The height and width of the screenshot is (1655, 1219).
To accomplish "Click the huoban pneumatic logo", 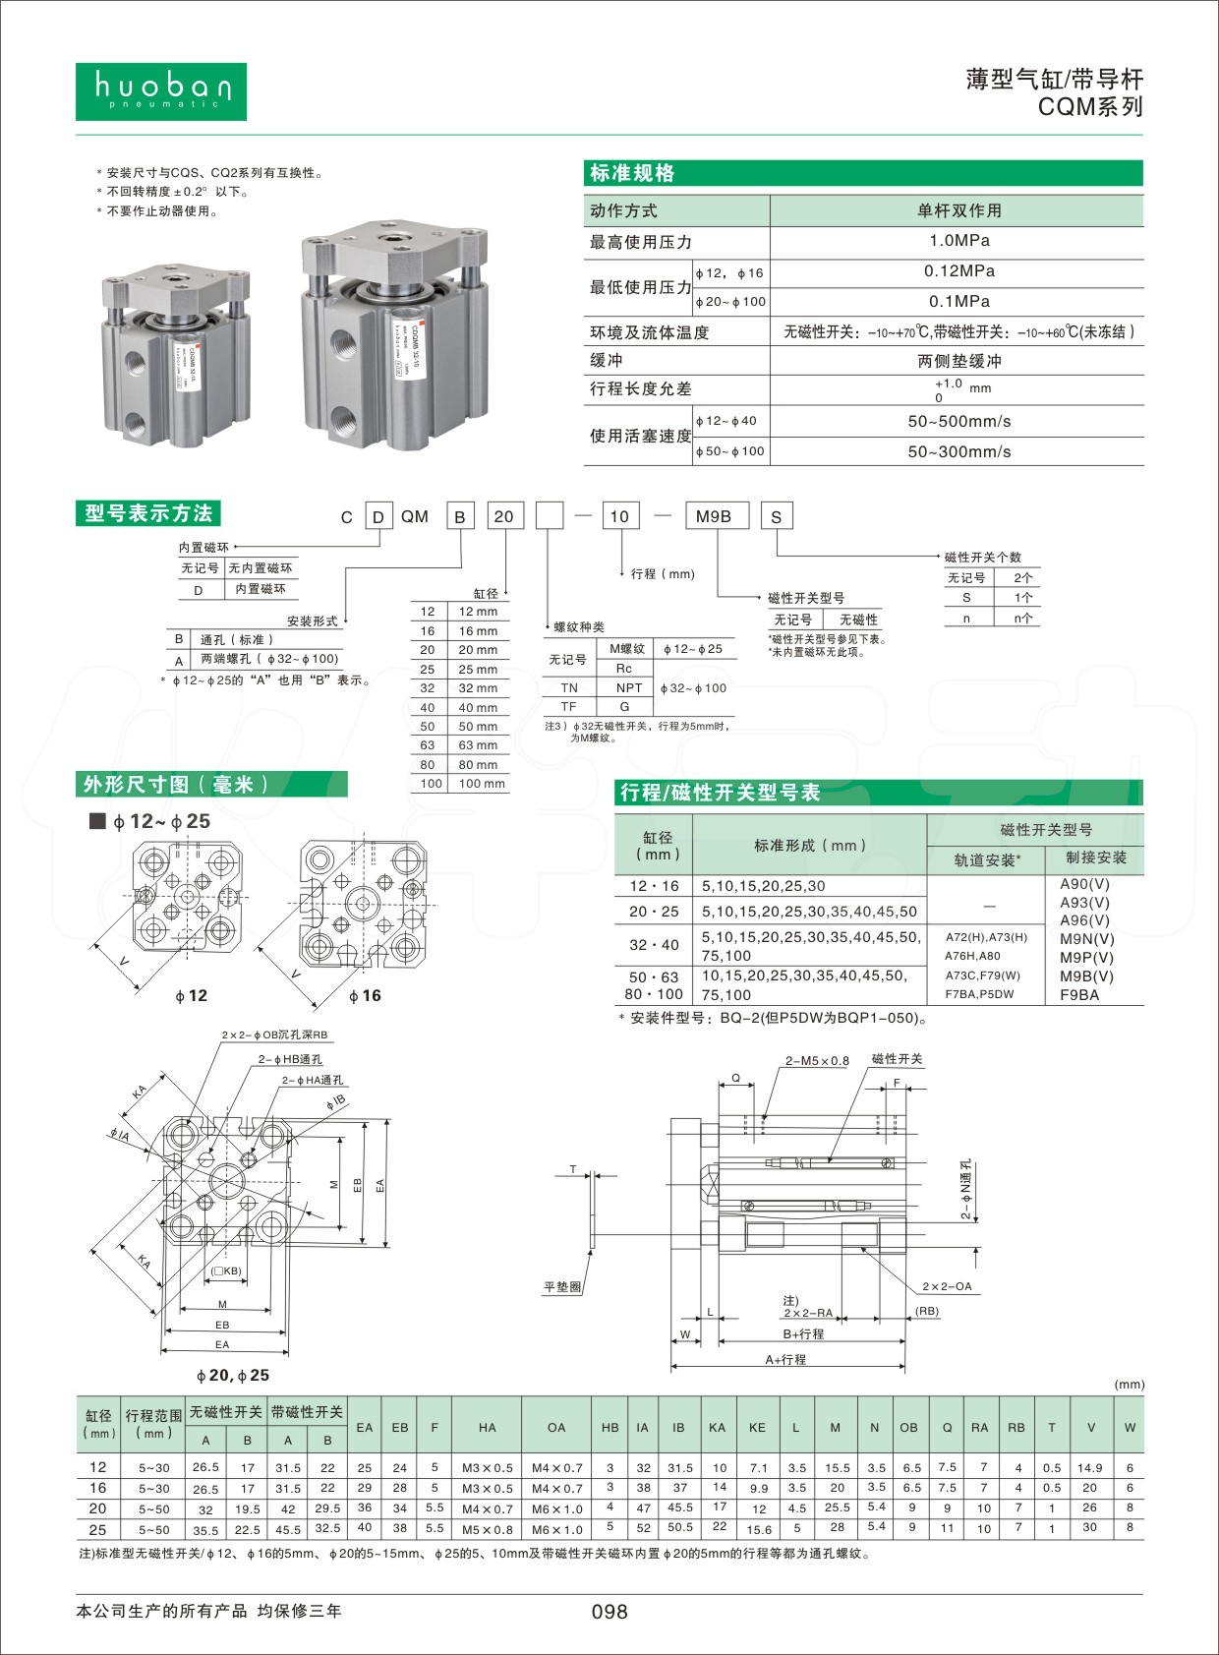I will pos(161,91).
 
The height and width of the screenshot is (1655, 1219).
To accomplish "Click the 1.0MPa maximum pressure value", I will pos(958,241).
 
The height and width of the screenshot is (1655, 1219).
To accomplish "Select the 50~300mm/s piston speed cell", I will pos(958,451).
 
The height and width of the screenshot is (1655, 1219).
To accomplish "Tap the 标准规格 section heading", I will pos(632,173).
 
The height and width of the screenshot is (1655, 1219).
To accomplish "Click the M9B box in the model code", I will pos(715,516).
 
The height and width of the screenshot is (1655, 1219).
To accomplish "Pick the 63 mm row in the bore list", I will pos(459,745).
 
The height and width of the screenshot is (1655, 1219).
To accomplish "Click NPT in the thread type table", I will pos(628,688).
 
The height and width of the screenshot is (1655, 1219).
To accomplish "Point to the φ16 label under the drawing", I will pos(365,996).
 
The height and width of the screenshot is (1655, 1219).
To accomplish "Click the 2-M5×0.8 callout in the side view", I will pos(816,1061).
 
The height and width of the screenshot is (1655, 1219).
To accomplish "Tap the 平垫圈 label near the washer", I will pos(562,1286).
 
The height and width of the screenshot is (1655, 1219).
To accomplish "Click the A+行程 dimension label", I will pos(785,1359).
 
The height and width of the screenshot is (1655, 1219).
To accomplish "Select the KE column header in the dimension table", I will pos(756,1427).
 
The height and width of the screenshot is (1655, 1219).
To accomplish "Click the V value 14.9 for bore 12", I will pos(1089,1467).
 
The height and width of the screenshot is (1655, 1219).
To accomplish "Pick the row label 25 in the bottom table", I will pos(97,1529).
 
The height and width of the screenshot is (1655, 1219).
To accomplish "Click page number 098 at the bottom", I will pos(609,1612).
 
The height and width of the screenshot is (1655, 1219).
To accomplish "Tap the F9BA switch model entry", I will pos(1079,994).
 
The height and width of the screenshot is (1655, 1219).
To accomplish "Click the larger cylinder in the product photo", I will pos(393,334).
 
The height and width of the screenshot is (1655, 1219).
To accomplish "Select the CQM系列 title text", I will pos(1090,107).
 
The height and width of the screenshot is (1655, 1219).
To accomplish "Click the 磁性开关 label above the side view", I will pos(897,1059).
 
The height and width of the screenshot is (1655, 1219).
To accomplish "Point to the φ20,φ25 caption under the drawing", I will pos(233,1375).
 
